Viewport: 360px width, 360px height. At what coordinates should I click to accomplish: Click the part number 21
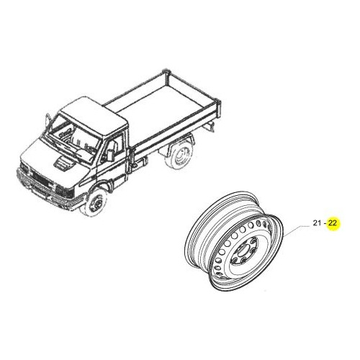[317, 223]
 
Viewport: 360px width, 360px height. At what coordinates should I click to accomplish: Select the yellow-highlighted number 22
[333, 223]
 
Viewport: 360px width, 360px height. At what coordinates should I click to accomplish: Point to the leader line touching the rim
[296, 230]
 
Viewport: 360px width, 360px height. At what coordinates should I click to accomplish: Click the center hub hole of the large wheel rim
[243, 251]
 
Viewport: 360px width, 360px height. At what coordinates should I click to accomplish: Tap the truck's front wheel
[96, 203]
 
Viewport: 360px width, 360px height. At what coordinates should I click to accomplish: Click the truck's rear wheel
[179, 155]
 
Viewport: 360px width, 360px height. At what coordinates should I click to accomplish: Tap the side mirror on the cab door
[111, 155]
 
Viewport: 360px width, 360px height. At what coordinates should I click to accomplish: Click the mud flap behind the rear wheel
[210, 126]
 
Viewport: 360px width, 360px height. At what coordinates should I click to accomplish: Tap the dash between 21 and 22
[325, 223]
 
